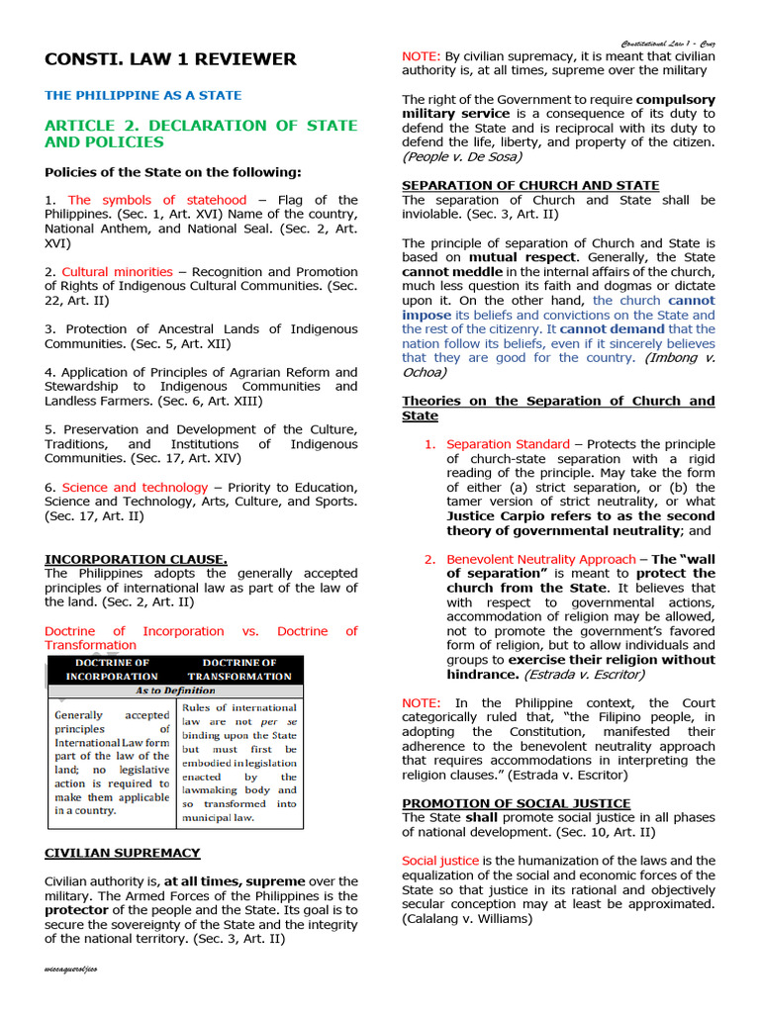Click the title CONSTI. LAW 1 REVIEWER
tap(170, 59)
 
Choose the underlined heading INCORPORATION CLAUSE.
tap(136, 559)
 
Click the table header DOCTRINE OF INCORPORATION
tap(112, 670)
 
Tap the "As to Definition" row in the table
tap(176, 691)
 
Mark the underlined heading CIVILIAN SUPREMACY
tap(122, 852)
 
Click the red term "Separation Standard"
tap(508, 444)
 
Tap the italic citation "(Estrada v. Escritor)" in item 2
tap(584, 674)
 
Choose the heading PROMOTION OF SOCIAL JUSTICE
tap(516, 803)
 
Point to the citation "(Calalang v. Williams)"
tap(467, 918)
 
